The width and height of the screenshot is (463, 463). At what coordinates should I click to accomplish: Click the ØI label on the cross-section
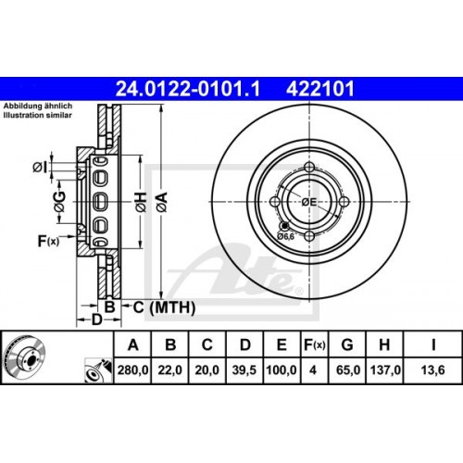(42, 167)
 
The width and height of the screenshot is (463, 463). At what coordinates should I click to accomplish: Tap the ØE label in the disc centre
(308, 201)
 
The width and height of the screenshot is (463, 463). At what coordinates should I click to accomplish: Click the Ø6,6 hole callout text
(285, 236)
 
